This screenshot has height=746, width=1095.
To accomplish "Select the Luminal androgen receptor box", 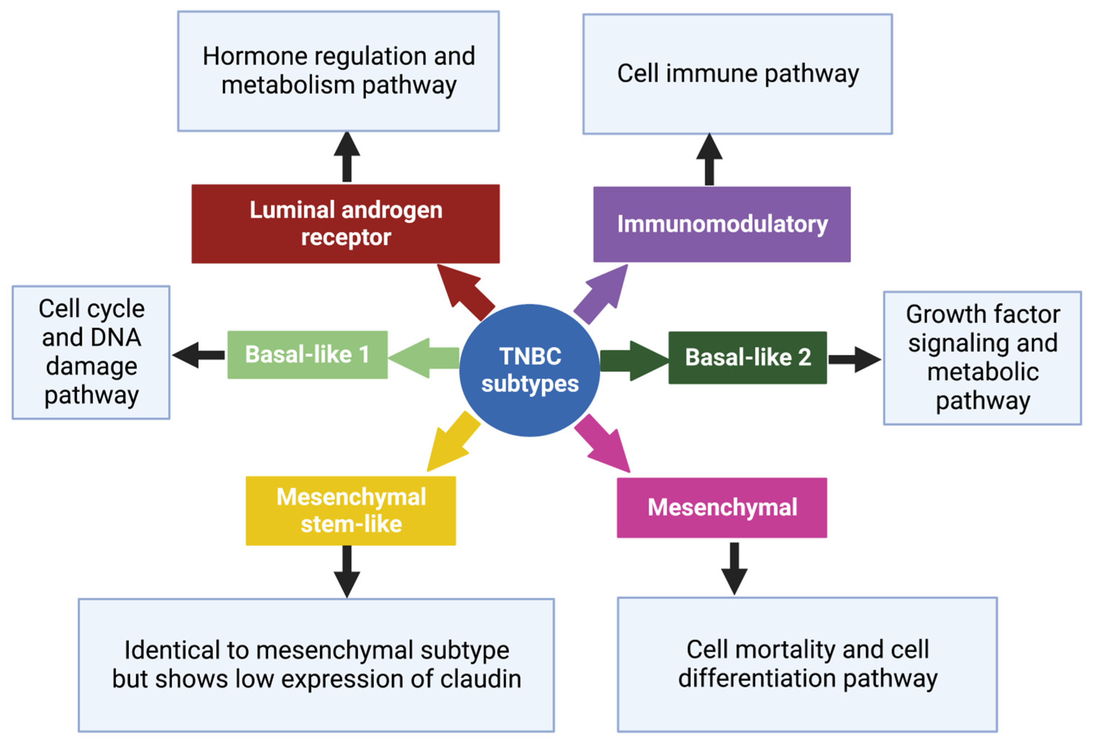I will click(x=345, y=224).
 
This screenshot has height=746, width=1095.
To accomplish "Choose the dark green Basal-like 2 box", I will click(x=747, y=358).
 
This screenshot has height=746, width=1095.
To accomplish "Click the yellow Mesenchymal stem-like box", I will click(x=351, y=511).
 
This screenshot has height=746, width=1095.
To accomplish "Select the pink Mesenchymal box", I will click(x=722, y=508).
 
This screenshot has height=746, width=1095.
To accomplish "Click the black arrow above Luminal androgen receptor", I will click(x=347, y=157).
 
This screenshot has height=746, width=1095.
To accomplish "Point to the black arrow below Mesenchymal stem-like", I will click(x=347, y=571).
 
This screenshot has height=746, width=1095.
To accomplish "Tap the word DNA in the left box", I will click(x=115, y=338).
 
